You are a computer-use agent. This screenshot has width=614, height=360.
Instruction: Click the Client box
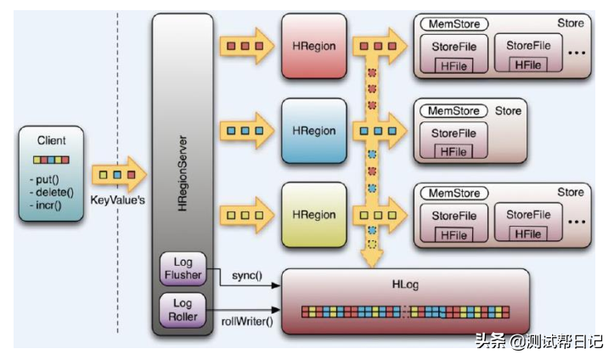52,174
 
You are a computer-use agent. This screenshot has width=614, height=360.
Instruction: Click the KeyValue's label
119,200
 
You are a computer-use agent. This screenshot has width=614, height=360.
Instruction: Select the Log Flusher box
183,268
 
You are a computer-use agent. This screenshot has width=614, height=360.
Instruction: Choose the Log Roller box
183,309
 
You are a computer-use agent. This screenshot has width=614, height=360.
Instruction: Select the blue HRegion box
314,131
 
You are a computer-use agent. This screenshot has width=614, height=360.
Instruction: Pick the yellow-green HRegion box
314,215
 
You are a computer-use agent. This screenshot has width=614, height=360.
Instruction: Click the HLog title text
404,286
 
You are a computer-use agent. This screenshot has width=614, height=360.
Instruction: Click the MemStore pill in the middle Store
453,110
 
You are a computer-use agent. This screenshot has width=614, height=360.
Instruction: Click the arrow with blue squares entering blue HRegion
246,131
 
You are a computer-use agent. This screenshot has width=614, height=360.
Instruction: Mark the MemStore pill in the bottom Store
453,193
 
